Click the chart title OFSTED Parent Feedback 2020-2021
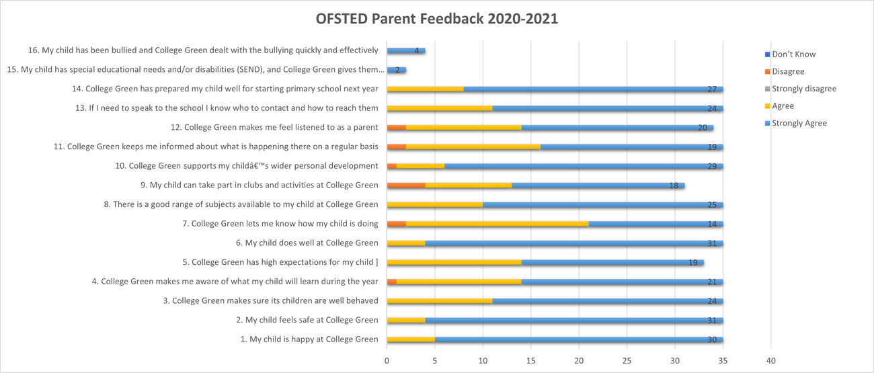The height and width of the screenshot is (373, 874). coord(437,19)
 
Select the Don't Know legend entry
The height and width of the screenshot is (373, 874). coord(793,54)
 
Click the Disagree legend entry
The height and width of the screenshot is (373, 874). coord(788,71)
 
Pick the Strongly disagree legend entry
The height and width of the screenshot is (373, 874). coord(804,89)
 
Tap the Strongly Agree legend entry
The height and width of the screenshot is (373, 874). coord(799,123)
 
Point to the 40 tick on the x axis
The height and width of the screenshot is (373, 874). coord(770,361)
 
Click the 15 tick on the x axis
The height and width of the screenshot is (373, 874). coord(530,361)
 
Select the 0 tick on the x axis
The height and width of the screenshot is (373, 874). coord(387,361)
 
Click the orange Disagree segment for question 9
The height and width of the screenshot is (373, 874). coord(405,185)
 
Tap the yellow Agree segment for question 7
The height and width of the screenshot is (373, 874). coord(497,224)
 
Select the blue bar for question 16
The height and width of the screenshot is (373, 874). coord(405,50)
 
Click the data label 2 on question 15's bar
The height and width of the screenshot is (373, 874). coord(397,70)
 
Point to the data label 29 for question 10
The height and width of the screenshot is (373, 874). coord(712,166)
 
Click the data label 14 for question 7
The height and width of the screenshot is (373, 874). coord(712,224)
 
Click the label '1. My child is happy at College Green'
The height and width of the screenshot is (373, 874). coord(309,339)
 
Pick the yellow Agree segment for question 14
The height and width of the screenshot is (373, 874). coord(425,89)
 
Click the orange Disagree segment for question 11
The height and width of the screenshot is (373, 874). coord(396,147)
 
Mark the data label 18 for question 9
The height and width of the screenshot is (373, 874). coord(674,185)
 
